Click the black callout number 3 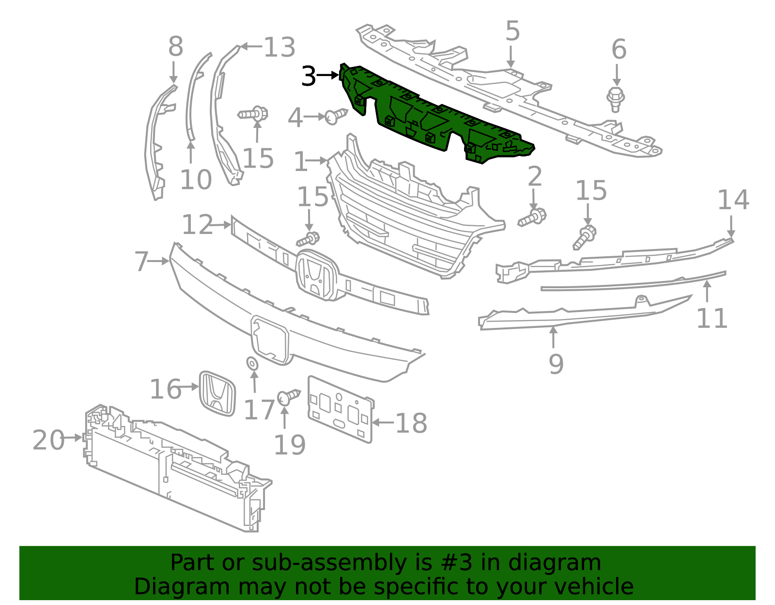pos(309,76)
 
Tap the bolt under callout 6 pos(615,98)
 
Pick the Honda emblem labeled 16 pos(217,393)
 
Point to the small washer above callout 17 pos(252,363)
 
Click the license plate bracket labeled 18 pos(340,409)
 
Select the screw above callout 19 pos(288,396)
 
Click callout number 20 pos(48,440)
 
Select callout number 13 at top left pos(279,47)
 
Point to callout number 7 pos(141,261)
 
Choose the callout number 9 pos(556,363)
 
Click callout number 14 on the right pos(733,200)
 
